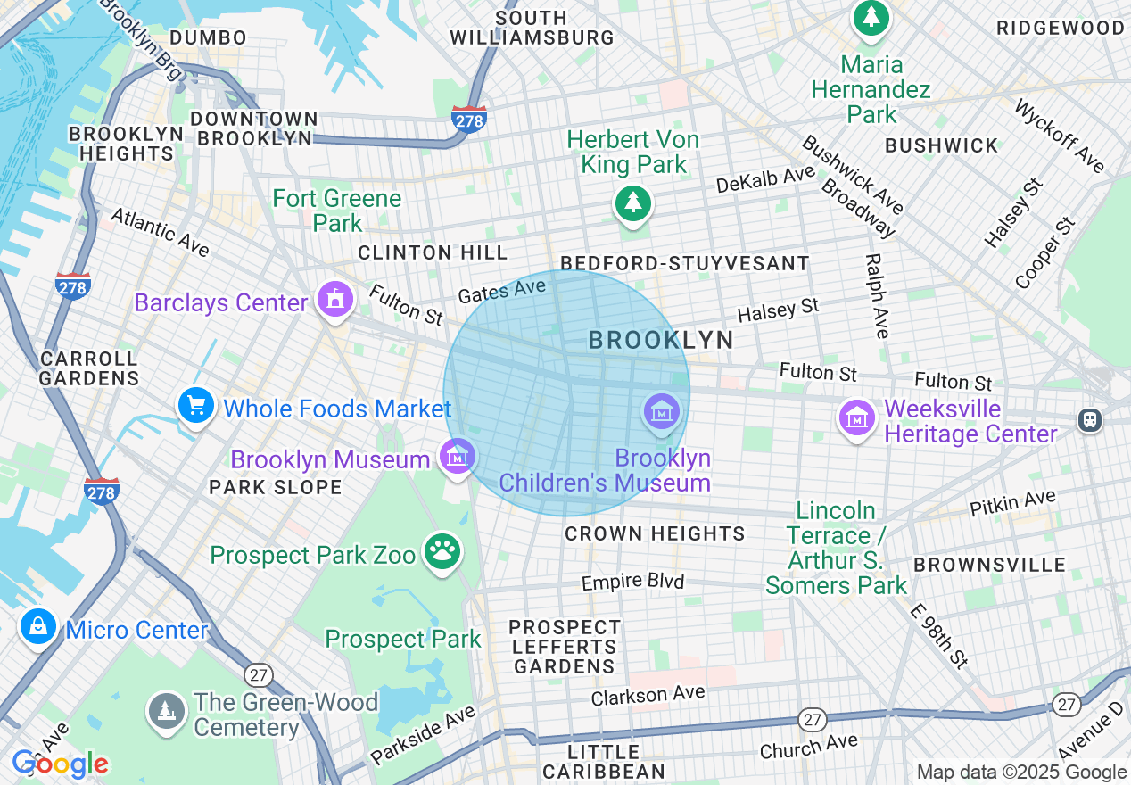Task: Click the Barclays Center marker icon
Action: tap(334, 299)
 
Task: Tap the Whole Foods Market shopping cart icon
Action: tap(195, 406)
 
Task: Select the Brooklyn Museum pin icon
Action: tap(458, 456)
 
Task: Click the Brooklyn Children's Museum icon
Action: tap(662, 411)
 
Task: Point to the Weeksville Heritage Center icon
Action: tap(857, 417)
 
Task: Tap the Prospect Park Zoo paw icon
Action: tap(442, 553)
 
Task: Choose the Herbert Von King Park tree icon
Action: tap(633, 203)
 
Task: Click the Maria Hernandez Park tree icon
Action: tap(870, 17)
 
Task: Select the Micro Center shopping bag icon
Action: tap(38, 627)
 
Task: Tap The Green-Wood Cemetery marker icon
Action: tap(166, 711)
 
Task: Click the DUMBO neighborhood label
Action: tap(208, 37)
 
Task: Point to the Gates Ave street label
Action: tap(500, 291)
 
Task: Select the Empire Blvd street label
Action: tap(632, 582)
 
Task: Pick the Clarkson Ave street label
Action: tap(648, 695)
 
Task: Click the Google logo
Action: tap(60, 764)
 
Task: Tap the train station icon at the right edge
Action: tap(1089, 420)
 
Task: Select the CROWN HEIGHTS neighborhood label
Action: tap(655, 533)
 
